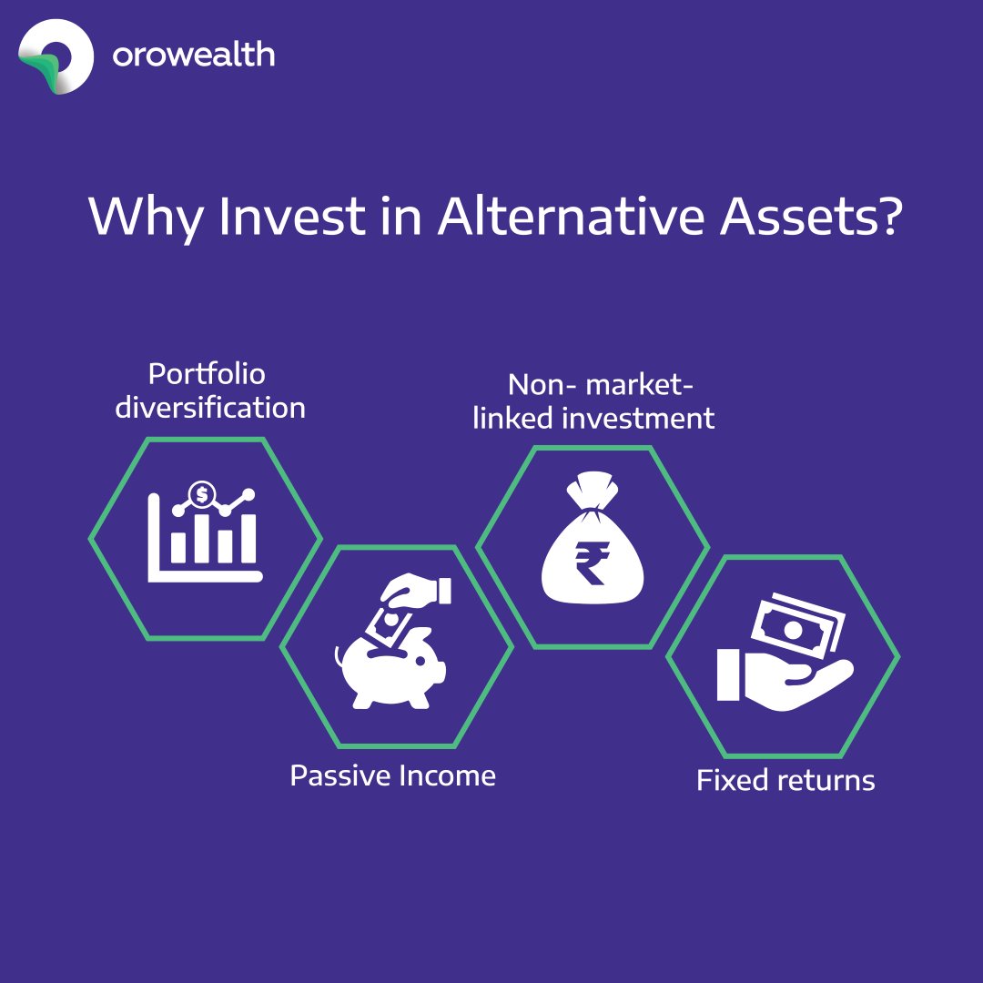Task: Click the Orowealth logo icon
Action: pyautogui.click(x=56, y=56)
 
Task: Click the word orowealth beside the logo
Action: pyautogui.click(x=193, y=56)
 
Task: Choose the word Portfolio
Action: pyautogui.click(x=207, y=374)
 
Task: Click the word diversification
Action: pyautogui.click(x=210, y=407)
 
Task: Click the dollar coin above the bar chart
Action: pyautogui.click(x=200, y=496)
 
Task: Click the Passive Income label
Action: pyautogui.click(x=392, y=775)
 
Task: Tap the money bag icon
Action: pyautogui.click(x=593, y=545)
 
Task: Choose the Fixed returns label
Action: pyautogui.click(x=785, y=780)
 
